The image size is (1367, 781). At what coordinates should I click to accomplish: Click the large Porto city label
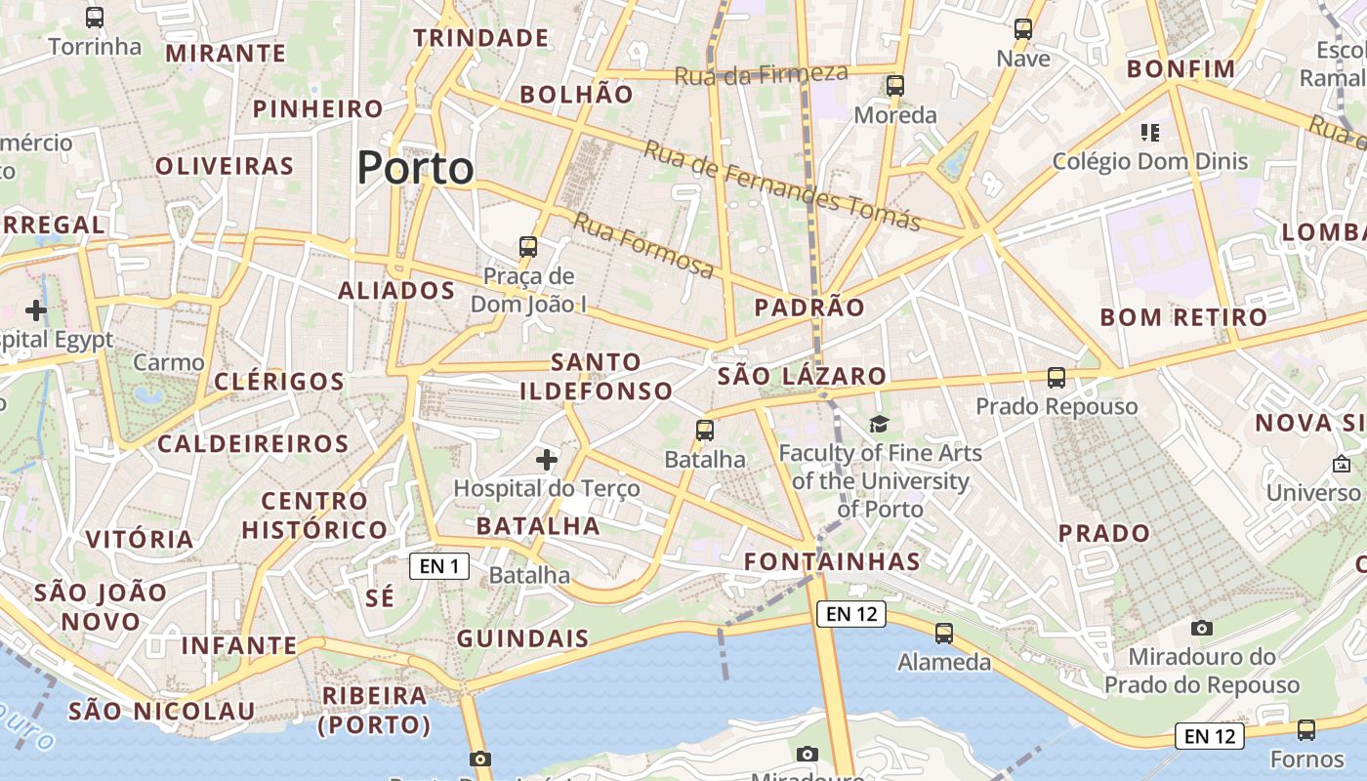tap(415, 168)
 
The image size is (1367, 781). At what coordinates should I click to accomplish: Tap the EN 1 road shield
tap(439, 565)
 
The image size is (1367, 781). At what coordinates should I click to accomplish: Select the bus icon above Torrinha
tap(95, 17)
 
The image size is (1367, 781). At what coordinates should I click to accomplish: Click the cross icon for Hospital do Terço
tap(547, 459)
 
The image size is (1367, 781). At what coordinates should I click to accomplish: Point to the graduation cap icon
tap(879, 424)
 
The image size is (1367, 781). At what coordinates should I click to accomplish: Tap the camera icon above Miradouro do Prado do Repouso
tap(1202, 628)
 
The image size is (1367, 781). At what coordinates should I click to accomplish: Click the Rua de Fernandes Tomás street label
tap(781, 185)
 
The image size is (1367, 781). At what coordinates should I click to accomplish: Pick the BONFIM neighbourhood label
tap(1181, 69)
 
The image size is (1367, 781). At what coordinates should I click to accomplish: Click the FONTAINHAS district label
tap(832, 561)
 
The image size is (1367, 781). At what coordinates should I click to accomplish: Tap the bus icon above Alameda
tap(944, 633)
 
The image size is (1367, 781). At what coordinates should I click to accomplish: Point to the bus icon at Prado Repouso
tap(1056, 377)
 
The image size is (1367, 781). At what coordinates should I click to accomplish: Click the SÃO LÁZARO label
tap(802, 376)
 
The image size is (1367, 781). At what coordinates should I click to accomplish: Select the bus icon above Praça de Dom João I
tap(528, 246)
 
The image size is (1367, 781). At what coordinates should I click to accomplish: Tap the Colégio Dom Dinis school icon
tap(1149, 132)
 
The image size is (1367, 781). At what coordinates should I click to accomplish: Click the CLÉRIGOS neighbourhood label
tap(279, 381)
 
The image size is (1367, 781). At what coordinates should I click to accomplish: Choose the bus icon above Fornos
tap(1306, 729)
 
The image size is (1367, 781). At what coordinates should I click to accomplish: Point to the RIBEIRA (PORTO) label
tap(374, 710)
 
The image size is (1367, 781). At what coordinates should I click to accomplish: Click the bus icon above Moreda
tap(895, 86)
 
